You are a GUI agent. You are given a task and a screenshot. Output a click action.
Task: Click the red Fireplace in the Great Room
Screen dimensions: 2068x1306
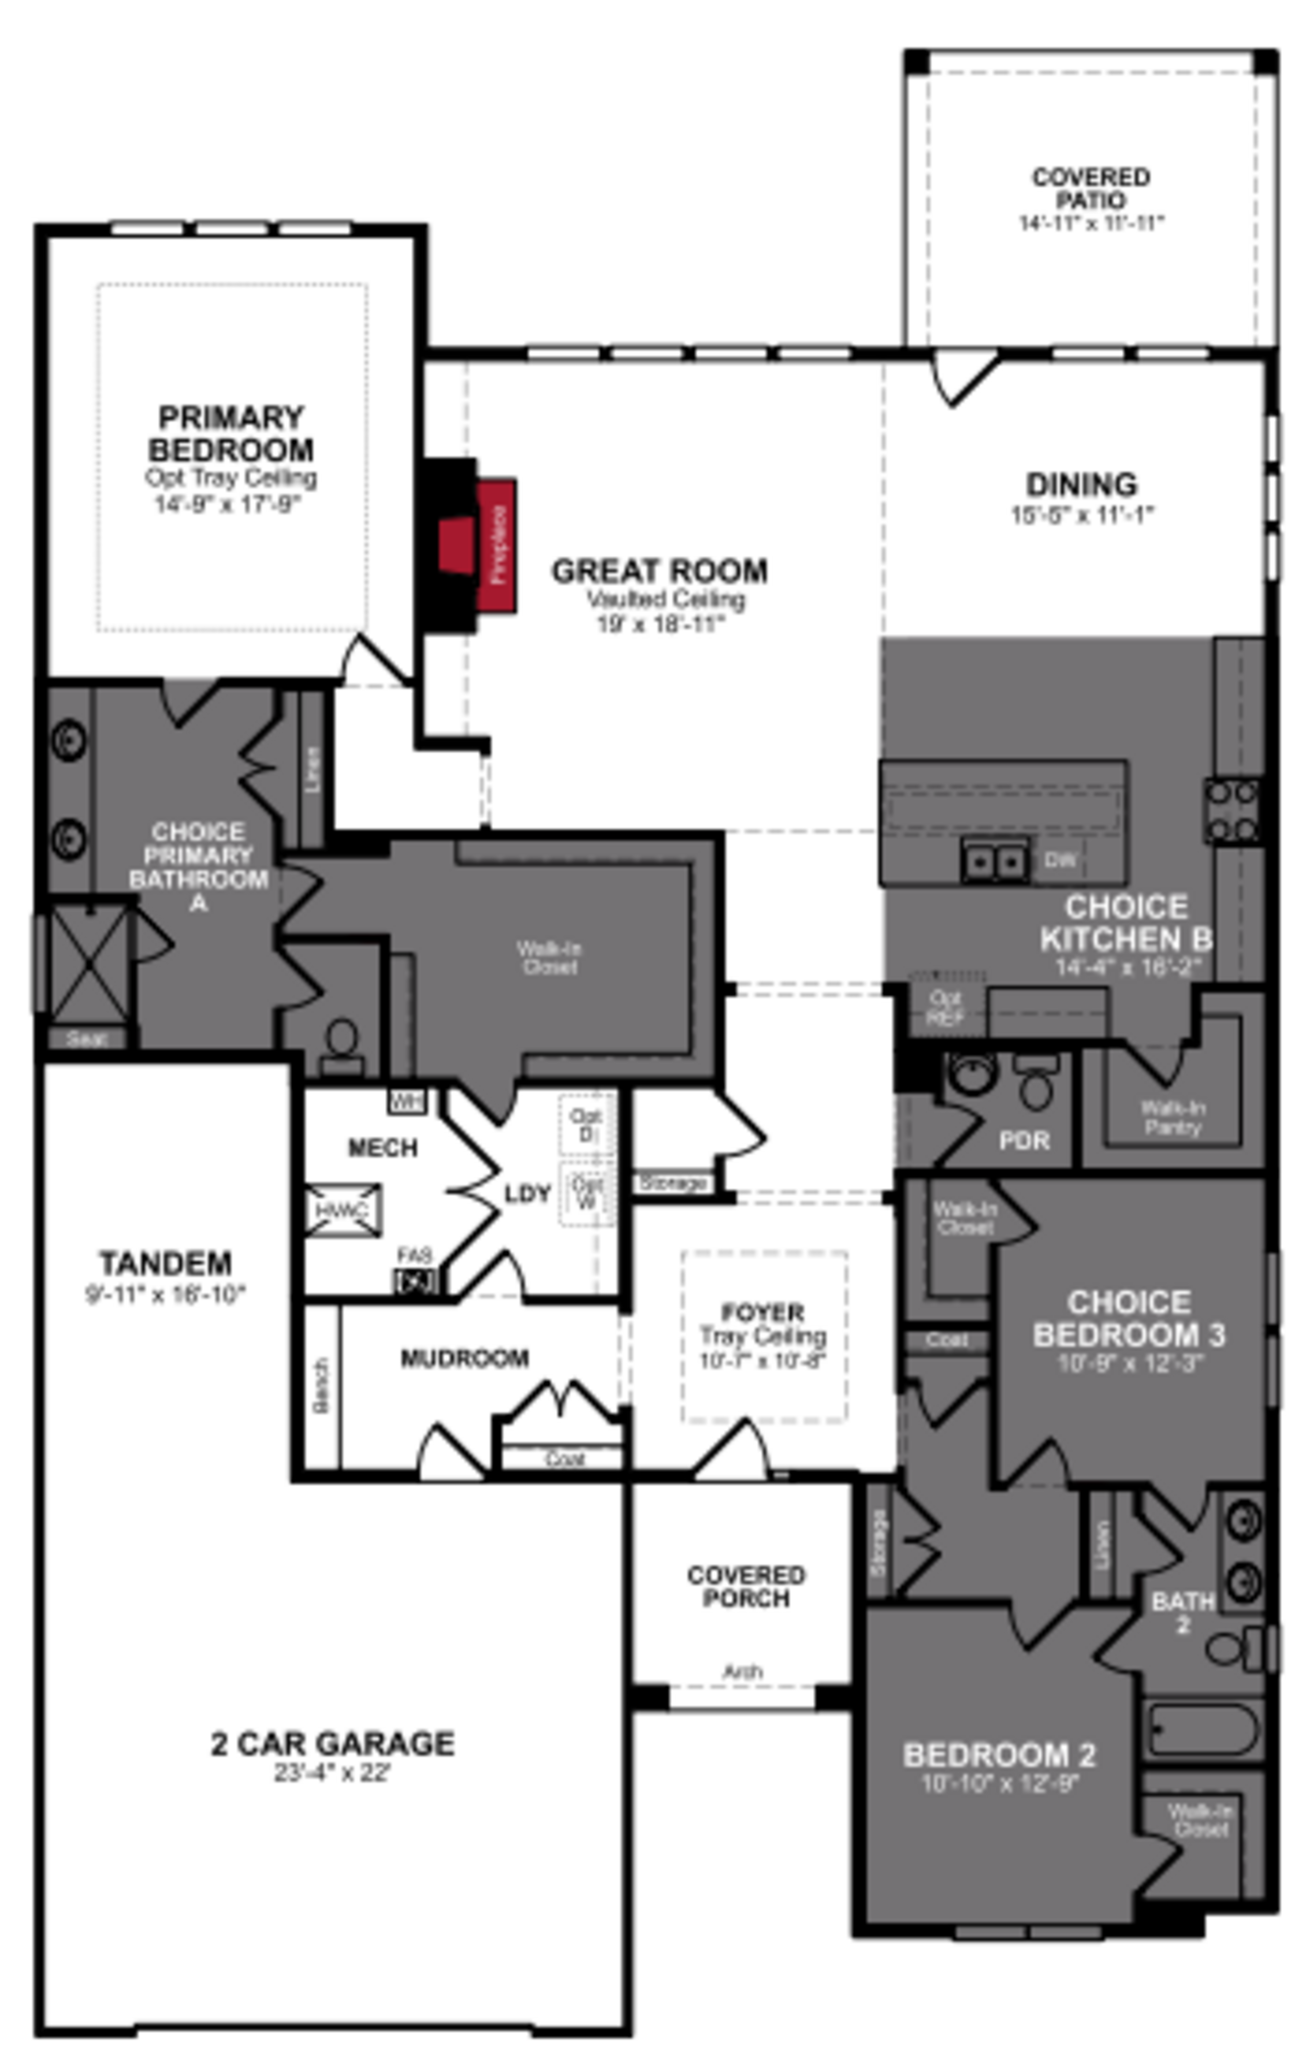point(496,545)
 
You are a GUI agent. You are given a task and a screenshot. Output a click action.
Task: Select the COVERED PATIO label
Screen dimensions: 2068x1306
point(1090,188)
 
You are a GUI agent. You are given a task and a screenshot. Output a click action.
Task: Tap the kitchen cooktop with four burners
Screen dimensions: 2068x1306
point(1231,810)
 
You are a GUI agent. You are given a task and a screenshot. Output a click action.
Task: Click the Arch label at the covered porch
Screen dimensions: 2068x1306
point(742,1671)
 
